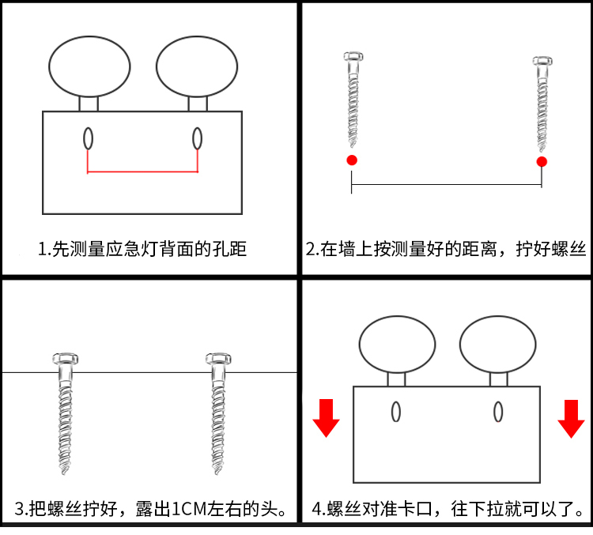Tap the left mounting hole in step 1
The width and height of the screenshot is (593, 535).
coord(89,138)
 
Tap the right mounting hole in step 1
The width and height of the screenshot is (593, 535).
coord(197,138)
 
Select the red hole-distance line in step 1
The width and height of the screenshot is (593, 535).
coord(142,171)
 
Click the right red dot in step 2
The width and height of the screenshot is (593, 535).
coord(542,162)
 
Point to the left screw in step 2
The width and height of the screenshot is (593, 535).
coord(353,99)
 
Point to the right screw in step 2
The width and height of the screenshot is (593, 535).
coord(542,103)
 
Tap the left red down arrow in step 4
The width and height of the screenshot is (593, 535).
coord(326,419)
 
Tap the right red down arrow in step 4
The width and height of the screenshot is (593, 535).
coord(571,419)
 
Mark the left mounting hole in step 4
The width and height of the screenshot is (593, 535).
coord(395,411)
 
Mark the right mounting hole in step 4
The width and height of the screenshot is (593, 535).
coord(498,411)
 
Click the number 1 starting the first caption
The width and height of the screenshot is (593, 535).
coord(42,251)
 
